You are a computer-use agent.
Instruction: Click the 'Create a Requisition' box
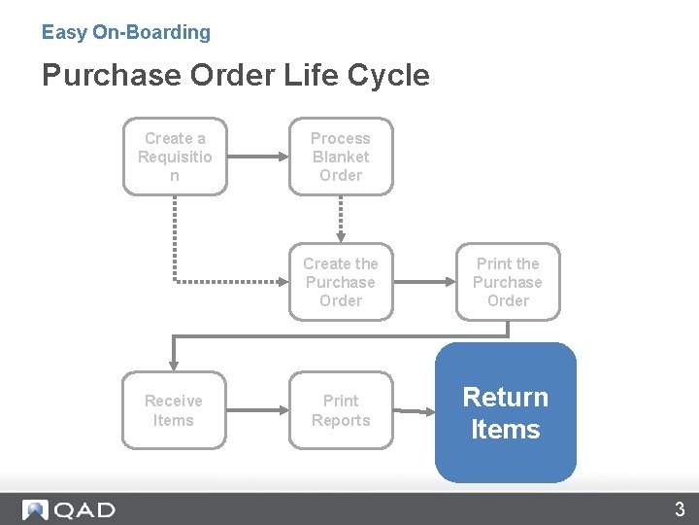coord(175,157)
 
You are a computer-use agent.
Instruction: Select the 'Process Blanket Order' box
coord(341,157)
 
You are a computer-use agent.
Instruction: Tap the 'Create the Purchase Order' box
coord(341,282)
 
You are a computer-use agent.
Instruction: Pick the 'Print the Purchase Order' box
coord(508,282)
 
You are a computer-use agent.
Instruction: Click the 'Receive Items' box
coord(174,410)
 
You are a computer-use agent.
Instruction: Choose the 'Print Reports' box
coord(341,410)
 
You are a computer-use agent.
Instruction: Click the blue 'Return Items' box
coord(506,412)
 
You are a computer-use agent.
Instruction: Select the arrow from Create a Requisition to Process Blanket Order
coord(258,157)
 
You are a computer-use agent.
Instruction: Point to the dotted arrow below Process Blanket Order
coord(341,219)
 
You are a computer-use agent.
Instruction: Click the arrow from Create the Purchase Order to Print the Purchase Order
coord(425,282)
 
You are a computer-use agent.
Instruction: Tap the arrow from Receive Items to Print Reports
coord(257,410)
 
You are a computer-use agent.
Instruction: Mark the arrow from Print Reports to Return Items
coord(415,411)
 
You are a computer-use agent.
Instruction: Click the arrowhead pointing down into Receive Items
coord(174,366)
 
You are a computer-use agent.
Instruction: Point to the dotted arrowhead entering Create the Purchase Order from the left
coord(283,282)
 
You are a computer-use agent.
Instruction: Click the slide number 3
coord(680,508)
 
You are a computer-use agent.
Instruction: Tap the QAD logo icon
coord(35,509)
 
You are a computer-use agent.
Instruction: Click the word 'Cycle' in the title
coord(388,75)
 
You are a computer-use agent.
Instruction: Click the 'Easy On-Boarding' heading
coord(126,33)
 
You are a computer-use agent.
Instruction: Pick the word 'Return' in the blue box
coord(506,397)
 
